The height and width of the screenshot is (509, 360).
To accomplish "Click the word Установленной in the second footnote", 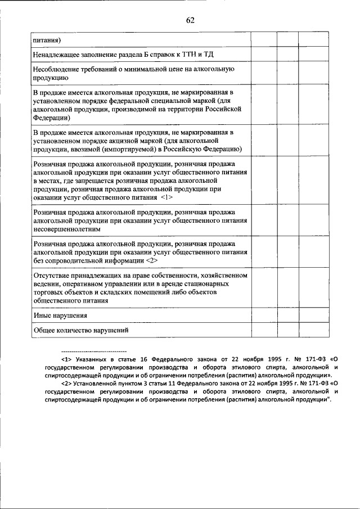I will [91, 382].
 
